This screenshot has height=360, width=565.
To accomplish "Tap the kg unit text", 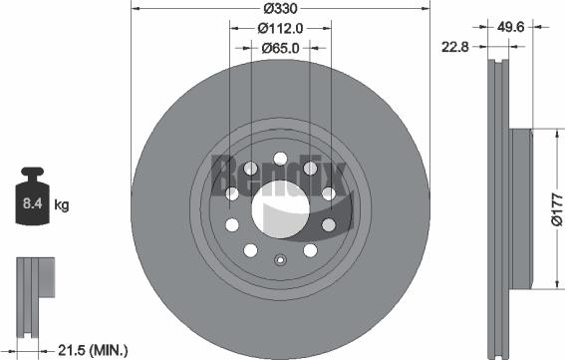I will click(x=61, y=206).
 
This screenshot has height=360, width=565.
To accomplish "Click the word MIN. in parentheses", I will click(x=111, y=349).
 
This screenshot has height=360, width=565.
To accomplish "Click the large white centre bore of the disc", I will click(x=278, y=207).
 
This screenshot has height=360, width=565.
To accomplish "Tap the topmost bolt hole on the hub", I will click(x=280, y=159).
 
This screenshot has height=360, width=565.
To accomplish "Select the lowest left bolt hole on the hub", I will click(x=250, y=248).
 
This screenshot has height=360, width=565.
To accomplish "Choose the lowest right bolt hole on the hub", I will click(x=310, y=248).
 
